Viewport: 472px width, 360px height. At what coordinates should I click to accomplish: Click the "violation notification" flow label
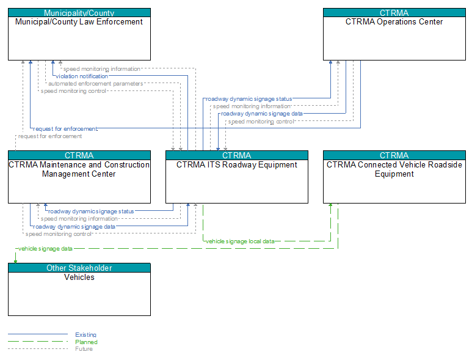[82, 76]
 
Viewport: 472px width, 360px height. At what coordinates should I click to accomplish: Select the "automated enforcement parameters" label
[96, 84]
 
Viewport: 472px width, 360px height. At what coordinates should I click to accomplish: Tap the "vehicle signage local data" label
[240, 241]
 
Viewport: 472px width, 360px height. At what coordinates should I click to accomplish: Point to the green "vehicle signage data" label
[45, 249]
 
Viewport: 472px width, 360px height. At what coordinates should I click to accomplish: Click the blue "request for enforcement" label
[65, 128]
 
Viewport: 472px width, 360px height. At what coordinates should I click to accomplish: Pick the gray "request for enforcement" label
[50, 136]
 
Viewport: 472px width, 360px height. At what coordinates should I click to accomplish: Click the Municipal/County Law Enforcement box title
[79, 21]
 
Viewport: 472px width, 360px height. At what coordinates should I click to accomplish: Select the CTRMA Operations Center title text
[394, 21]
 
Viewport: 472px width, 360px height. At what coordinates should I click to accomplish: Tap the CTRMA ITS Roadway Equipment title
[236, 165]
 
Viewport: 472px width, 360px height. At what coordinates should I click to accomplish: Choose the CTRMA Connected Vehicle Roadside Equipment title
[394, 169]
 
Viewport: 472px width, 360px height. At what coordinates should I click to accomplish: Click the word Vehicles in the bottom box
[79, 277]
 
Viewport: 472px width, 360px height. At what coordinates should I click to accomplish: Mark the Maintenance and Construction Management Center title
[79, 169]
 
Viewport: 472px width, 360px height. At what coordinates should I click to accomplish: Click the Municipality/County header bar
[79, 13]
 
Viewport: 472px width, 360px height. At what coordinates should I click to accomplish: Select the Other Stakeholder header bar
[79, 268]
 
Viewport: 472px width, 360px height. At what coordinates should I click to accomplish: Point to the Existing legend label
[86, 335]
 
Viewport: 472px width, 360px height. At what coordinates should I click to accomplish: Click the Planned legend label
[86, 342]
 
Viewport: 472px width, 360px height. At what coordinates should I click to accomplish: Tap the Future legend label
[84, 349]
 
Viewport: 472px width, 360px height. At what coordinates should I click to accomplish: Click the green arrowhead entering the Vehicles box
[16, 262]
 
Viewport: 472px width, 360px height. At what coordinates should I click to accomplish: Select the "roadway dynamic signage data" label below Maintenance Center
[74, 227]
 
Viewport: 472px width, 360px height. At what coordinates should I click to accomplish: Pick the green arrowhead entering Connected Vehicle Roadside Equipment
[330, 205]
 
